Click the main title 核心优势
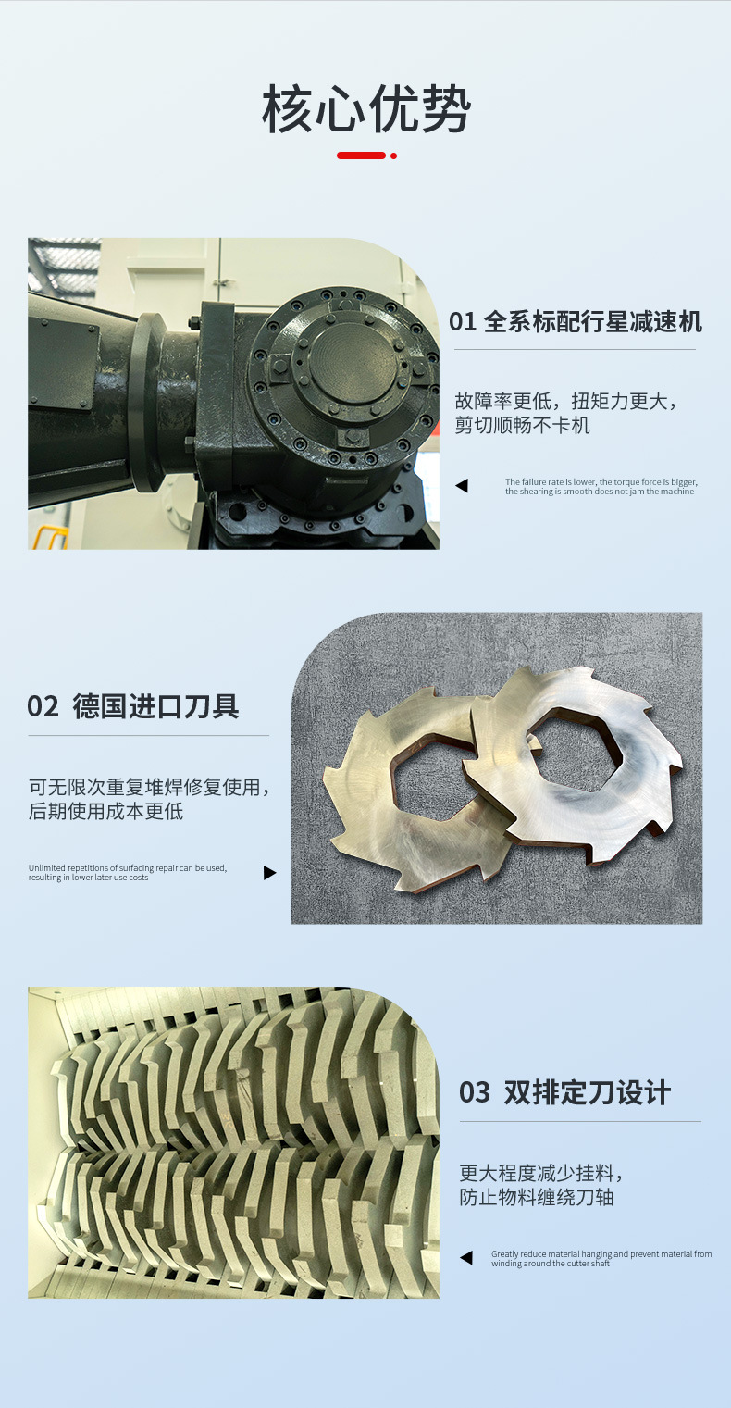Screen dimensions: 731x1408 pyautogui.click(x=365, y=109)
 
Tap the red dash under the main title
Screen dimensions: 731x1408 pyautogui.click(x=362, y=156)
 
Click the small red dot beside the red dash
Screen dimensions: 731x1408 pyautogui.click(x=393, y=156)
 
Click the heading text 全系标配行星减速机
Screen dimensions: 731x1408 pyautogui.click(x=592, y=322)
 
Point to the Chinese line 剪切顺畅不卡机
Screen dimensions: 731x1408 pyautogui.click(x=522, y=426)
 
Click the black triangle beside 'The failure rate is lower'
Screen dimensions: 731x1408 pyautogui.click(x=462, y=485)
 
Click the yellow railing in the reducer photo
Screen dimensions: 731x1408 pyautogui.click(x=50, y=538)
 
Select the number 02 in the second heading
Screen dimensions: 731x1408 pyautogui.click(x=43, y=706)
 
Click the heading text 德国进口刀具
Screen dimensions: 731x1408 pyautogui.click(x=155, y=706)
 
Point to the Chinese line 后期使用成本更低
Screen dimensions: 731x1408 pyautogui.click(x=105, y=812)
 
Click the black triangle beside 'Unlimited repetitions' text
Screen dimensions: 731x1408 pyautogui.click(x=269, y=872)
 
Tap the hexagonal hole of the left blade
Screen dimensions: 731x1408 pyautogui.click(x=434, y=780)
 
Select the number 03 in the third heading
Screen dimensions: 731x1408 pyautogui.click(x=475, y=1091)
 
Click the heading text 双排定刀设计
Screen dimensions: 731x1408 pyautogui.click(x=587, y=1091)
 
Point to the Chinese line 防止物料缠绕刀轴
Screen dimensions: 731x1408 pyautogui.click(x=536, y=1198)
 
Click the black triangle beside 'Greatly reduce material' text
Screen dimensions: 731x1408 pyautogui.click(x=466, y=1257)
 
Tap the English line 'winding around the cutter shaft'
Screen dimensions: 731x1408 pyautogui.click(x=551, y=1264)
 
